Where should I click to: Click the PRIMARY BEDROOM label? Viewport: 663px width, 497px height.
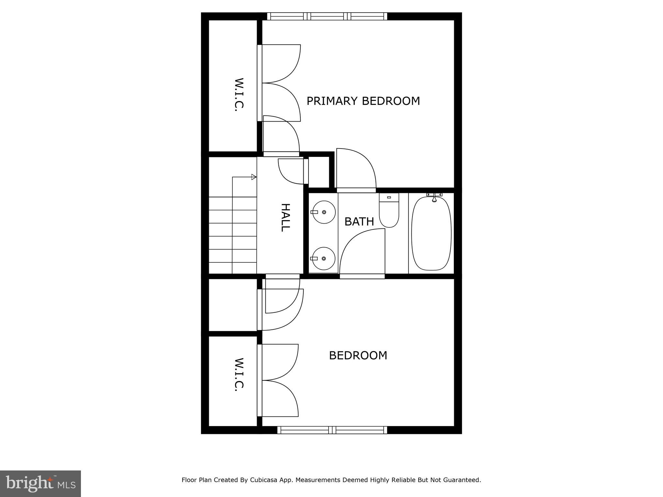[363, 101]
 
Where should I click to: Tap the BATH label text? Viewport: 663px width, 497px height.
[359, 222]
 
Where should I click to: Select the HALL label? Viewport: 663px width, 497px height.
[285, 217]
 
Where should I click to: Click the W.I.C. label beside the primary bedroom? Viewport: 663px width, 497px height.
[239, 95]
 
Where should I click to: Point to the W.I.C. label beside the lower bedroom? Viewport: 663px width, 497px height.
[239, 374]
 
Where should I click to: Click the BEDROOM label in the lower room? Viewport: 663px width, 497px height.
[358, 355]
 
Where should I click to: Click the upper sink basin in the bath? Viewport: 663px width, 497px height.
[324, 212]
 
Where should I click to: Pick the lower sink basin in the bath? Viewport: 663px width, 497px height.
[324, 259]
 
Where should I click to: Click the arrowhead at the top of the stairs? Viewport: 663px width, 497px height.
[254, 177]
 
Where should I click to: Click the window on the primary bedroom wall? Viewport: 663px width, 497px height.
[327, 16]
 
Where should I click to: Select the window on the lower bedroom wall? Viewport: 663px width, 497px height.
[332, 430]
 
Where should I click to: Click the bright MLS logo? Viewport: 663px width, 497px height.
[40, 484]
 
